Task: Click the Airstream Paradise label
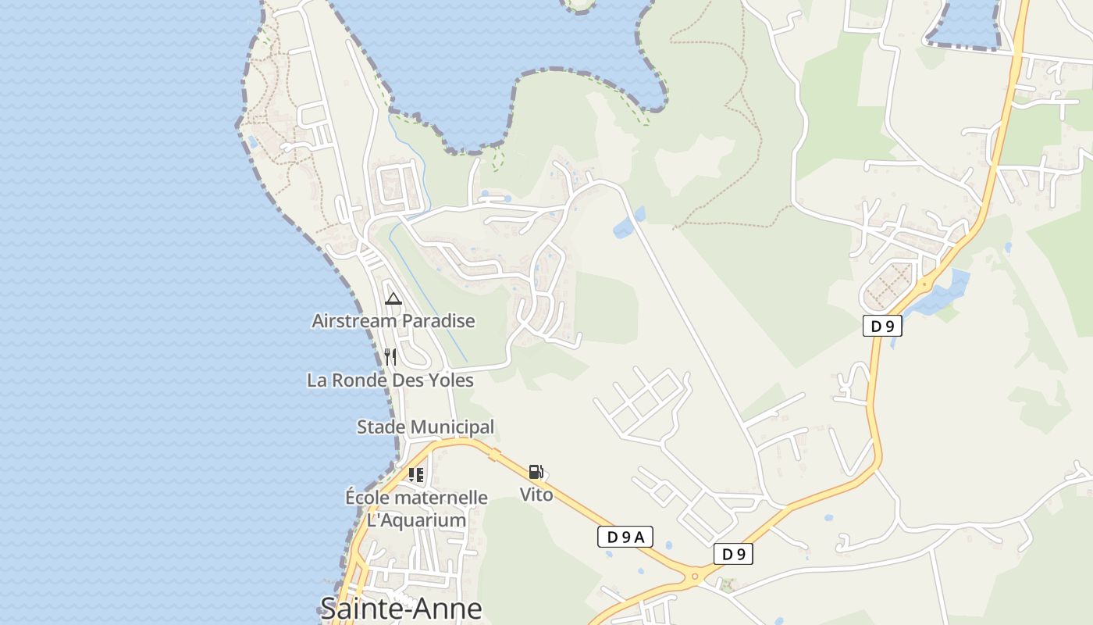(393, 321)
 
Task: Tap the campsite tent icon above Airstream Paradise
(393, 298)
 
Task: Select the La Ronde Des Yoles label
(390, 380)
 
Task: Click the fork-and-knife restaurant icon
(390, 358)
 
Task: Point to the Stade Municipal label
(425, 427)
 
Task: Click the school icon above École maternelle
(416, 474)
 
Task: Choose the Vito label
(536, 495)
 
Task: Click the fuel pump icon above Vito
(536, 472)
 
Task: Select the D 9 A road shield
(625, 537)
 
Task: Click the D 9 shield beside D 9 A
(733, 555)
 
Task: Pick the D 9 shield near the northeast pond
(882, 327)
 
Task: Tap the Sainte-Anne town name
(401, 608)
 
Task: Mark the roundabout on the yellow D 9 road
(694, 577)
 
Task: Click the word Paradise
(439, 321)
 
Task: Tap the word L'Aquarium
(416, 520)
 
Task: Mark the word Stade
(382, 427)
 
